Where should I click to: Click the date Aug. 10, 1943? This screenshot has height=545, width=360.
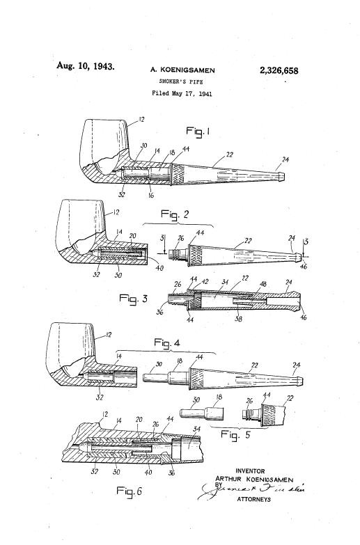click(x=85, y=67)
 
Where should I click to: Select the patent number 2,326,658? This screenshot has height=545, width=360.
click(x=286, y=70)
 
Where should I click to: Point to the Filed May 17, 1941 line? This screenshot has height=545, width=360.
click(x=182, y=93)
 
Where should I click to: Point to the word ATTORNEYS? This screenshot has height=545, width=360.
click(x=253, y=499)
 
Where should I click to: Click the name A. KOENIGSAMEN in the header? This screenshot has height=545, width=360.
click(x=182, y=70)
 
